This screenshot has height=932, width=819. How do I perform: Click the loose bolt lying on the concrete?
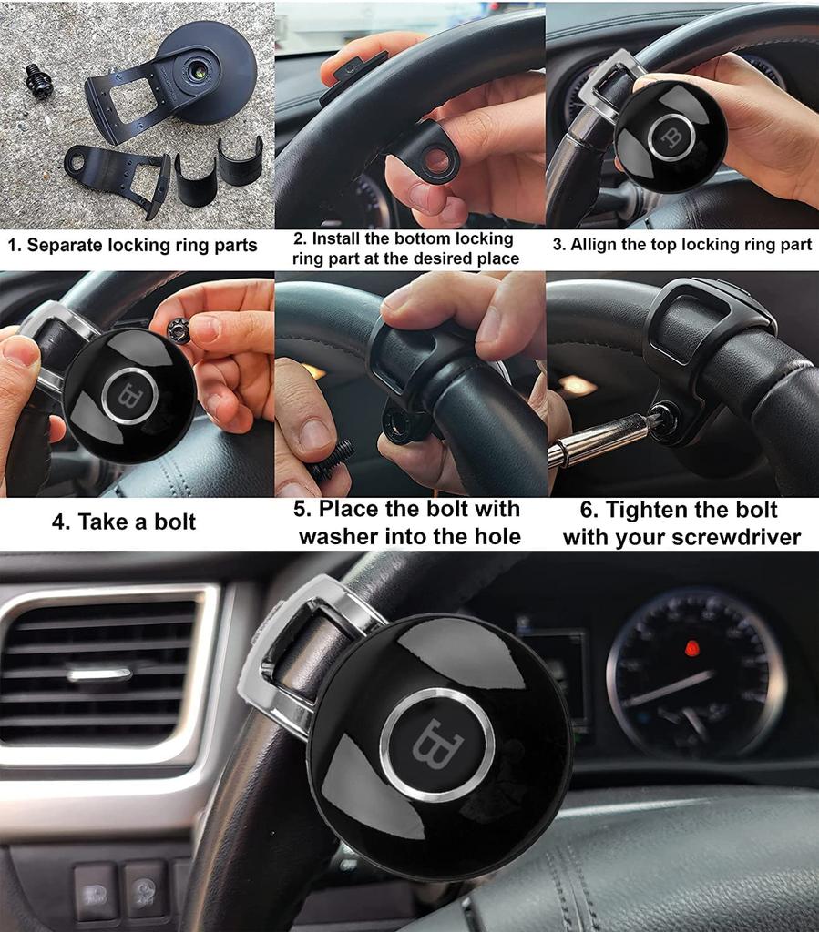(x=38, y=81)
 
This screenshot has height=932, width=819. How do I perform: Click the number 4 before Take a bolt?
(x=59, y=522)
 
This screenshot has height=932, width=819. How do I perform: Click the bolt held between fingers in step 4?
(x=179, y=330)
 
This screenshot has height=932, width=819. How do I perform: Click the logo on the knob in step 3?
(x=672, y=137)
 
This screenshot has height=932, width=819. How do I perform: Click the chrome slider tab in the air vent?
(x=99, y=674)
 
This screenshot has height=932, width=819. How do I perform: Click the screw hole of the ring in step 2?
(x=438, y=162)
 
